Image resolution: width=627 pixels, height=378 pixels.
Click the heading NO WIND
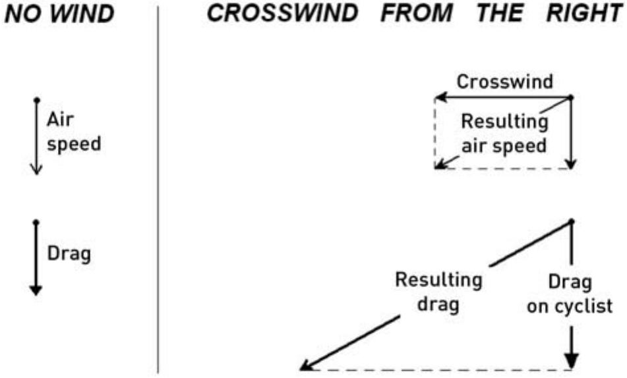(59, 15)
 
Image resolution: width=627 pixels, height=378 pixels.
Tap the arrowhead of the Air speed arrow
(36, 171)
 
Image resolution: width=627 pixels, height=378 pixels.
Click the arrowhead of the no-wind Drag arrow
(36, 289)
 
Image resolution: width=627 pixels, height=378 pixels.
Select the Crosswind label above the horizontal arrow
(505, 82)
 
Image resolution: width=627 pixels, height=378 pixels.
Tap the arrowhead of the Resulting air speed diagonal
(438, 166)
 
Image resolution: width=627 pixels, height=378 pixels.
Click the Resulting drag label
(438, 290)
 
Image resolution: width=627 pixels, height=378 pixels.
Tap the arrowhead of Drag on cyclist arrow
(572, 362)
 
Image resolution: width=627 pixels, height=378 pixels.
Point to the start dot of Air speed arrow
(36, 99)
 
